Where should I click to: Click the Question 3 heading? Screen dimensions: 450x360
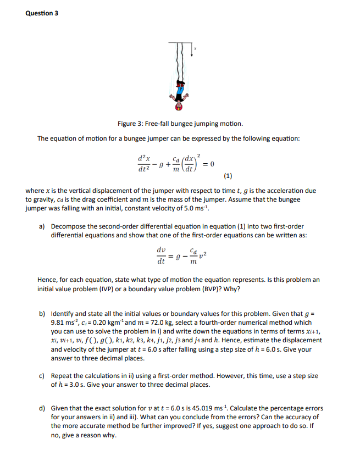[x=42, y=13]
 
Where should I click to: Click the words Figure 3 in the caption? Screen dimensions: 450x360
[x=131, y=124]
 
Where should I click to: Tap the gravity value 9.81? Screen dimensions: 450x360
[x=59, y=323]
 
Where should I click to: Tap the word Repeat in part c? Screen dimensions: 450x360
[x=62, y=376]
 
